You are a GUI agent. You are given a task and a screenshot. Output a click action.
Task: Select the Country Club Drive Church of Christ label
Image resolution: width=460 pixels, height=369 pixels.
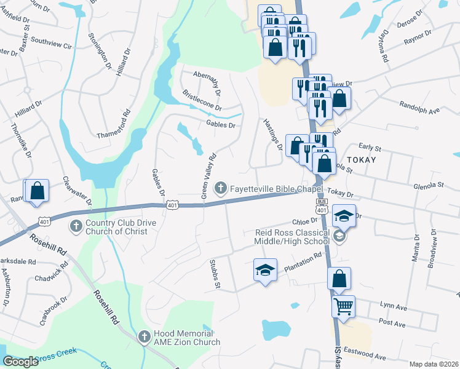coord(117,228)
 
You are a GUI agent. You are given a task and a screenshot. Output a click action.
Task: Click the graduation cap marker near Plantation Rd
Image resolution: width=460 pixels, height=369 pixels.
coord(265,270)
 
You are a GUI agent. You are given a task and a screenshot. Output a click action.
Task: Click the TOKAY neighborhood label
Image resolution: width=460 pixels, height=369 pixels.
coord(360,159)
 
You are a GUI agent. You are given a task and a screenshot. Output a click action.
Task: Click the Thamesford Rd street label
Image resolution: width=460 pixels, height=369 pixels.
coord(113,123)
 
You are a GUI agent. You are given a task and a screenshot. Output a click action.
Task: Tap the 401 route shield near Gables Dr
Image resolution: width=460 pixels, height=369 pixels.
coord(172,205)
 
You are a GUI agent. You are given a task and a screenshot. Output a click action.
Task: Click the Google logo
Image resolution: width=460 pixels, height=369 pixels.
coord(20,362)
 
